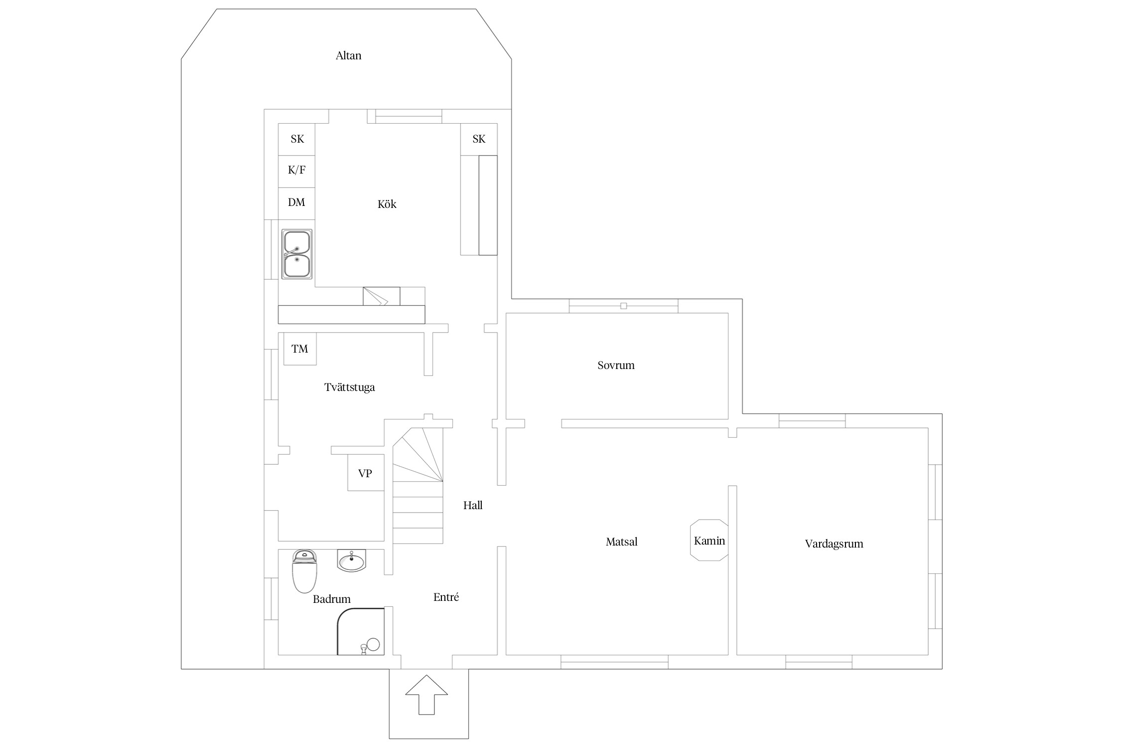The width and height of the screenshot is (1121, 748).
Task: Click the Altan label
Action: coord(348,55)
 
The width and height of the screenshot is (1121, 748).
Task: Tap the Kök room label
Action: coord(387,204)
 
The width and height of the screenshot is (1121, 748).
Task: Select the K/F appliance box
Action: coord(296,171)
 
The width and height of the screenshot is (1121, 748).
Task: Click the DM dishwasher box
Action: coord(296,203)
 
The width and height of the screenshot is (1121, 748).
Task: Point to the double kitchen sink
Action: coord(297,254)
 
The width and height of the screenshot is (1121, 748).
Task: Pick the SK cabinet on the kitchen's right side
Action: coord(479,139)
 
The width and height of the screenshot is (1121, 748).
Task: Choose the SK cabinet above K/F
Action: coord(296,139)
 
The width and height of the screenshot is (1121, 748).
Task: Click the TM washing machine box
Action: coord(300,349)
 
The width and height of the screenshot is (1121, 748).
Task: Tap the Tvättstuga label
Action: coord(349,387)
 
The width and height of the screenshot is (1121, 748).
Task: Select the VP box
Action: coord(366,472)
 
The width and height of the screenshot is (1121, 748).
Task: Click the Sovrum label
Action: coord(616,365)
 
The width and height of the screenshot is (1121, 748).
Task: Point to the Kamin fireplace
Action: coord(709,540)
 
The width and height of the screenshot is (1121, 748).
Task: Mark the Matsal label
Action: coord(621,542)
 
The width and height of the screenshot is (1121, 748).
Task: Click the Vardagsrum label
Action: coord(834,544)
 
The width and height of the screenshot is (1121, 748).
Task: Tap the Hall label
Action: coord(473,505)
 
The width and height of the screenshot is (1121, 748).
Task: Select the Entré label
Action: coord(446,597)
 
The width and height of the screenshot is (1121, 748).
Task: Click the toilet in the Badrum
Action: coord(304,570)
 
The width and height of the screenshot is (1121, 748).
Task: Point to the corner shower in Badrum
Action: coord(361,631)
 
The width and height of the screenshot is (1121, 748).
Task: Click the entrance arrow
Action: coord(426,695)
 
